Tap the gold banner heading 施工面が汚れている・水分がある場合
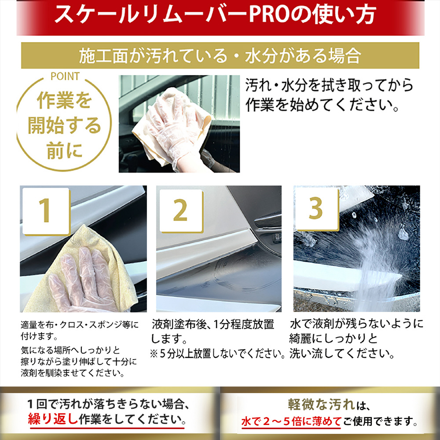220,55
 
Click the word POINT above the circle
65,76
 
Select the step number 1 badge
46,211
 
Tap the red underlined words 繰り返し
53,419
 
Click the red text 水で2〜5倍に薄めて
291,421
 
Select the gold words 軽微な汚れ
322,404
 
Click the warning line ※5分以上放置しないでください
217,354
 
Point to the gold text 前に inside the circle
64,150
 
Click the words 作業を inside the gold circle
64,100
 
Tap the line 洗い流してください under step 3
342,353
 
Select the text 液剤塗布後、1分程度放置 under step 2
213,324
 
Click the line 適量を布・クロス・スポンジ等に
80,325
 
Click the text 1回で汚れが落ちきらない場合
108,404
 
